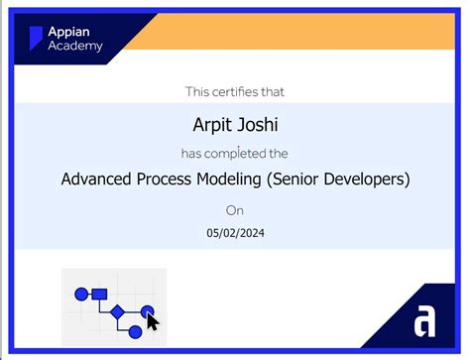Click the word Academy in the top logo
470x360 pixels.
pos(75,46)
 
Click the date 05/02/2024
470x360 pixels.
pos(235,234)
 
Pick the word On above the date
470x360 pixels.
pos(234,210)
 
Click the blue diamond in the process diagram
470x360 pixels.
pos(117,311)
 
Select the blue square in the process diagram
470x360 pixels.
pos(99,293)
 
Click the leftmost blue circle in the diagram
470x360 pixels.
pos(81,293)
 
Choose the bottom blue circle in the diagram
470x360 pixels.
pos(135,330)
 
